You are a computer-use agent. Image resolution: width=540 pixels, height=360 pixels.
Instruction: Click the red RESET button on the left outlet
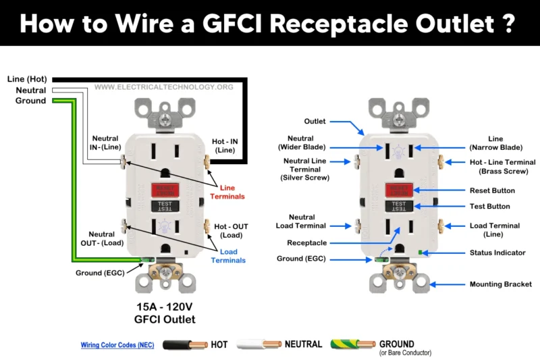pyautogui.click(x=165, y=190)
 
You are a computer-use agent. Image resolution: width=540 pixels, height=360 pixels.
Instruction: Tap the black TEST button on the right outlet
pyautogui.click(x=399, y=205)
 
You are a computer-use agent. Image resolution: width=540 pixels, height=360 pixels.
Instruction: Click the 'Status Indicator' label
pyautogui.click(x=498, y=253)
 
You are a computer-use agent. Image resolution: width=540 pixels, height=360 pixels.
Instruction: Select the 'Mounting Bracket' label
pyautogui.click(x=501, y=284)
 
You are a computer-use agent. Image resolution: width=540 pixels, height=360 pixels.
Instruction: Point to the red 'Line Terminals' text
pyautogui.click(x=232, y=191)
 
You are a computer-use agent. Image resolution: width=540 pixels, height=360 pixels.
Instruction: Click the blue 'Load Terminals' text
pyautogui.click(x=232, y=256)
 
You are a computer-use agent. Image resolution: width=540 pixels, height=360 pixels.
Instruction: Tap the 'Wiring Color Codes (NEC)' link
pyautogui.click(x=117, y=345)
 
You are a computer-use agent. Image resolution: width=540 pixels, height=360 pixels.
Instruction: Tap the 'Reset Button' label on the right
pyautogui.click(x=492, y=191)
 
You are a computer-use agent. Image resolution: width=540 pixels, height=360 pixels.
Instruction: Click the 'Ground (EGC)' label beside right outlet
pyautogui.click(x=299, y=259)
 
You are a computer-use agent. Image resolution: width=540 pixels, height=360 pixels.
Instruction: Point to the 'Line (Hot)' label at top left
pyautogui.click(x=26, y=79)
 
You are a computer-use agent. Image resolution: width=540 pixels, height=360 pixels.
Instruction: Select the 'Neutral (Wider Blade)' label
pyautogui.click(x=301, y=143)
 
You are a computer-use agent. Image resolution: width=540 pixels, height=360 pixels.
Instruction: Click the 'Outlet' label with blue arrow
pyautogui.click(x=315, y=122)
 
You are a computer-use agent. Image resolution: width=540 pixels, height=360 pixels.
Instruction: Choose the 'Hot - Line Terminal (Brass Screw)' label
pyautogui.click(x=502, y=167)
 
